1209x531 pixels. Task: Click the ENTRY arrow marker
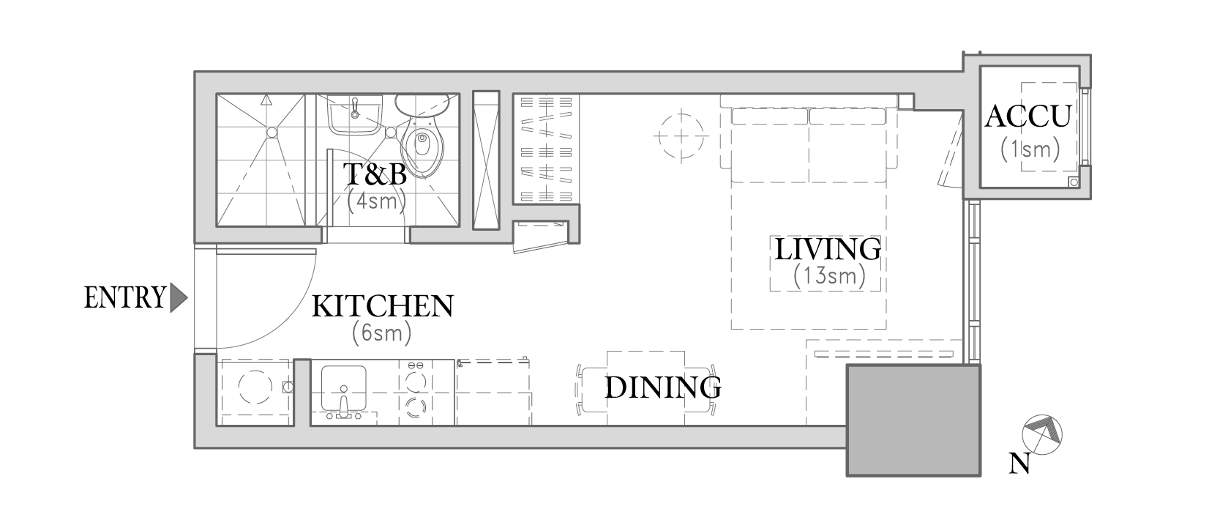pos(178,297)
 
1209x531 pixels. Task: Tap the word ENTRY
pos(124,297)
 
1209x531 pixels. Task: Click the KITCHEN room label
pos(383,306)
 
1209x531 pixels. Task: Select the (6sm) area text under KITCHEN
pos(382,333)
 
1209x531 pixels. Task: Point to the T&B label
pos(375,174)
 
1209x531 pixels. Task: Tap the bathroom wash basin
pos(356,114)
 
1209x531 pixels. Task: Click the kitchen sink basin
pos(343,389)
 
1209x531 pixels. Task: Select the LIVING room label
pos(828,249)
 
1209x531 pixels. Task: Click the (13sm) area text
pos(830,276)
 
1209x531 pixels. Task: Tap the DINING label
pos(663,387)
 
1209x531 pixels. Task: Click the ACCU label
pos(1028,116)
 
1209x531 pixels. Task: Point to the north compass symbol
pos(1042,434)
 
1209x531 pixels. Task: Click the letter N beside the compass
pos(1019,464)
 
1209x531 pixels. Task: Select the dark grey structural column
pos(913,420)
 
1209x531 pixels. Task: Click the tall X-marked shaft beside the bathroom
pos(486,160)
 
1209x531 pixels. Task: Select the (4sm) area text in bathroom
pos(376,201)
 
